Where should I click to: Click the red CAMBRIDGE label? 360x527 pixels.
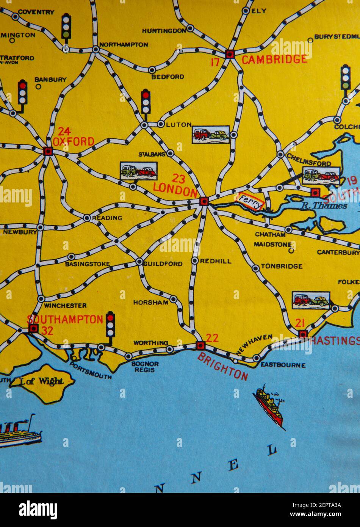click(274, 60)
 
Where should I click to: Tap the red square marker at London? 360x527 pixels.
click(204, 201)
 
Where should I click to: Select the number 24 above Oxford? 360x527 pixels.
click(64, 132)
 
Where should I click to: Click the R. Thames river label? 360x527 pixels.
click(324, 206)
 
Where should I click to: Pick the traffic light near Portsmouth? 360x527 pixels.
click(110, 325)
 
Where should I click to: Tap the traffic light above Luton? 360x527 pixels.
click(146, 102)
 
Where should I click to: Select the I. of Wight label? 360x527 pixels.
click(42, 382)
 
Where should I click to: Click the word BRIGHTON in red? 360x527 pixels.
click(222, 366)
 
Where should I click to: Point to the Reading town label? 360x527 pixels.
click(107, 218)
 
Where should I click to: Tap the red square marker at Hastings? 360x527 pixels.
click(302, 334)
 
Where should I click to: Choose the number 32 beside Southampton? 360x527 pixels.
click(47, 331)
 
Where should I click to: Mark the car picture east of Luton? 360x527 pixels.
click(211, 135)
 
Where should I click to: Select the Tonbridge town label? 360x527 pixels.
click(282, 266)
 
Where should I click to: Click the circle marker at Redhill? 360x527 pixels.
click(195, 260)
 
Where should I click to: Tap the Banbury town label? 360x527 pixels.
click(50, 80)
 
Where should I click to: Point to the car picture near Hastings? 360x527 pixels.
click(311, 300)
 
